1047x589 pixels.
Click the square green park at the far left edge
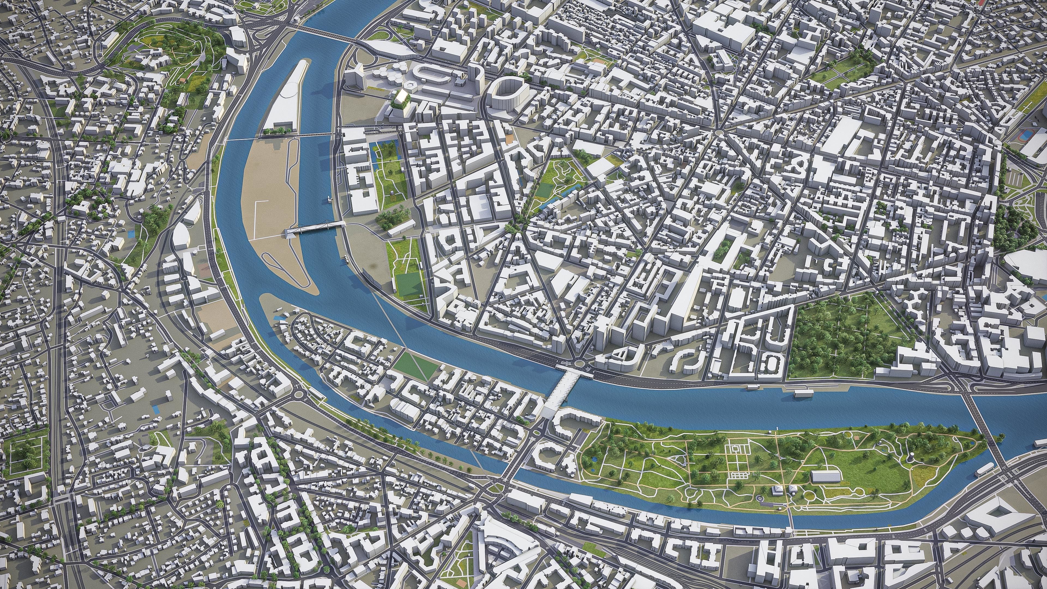(x=25, y=450)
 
